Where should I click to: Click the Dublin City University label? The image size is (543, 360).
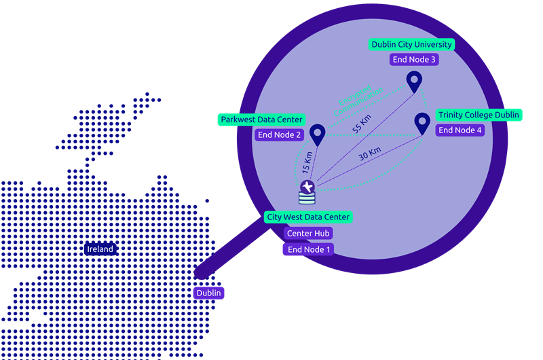[x=411, y=45]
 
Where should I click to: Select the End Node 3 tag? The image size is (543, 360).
[x=414, y=60]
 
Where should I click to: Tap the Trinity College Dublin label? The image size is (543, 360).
[x=479, y=115]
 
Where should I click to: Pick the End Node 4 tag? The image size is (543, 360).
[x=460, y=130]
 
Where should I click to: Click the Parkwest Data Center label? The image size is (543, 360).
[x=261, y=120]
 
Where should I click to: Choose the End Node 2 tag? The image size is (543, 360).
[x=279, y=135]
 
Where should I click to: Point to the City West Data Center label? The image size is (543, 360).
[x=308, y=217]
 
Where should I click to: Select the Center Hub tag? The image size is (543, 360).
[x=308, y=234]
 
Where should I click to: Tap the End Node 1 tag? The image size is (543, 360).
[x=308, y=249]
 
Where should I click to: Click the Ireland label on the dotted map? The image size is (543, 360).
[x=100, y=249]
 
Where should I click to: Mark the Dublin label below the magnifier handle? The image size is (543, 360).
[x=208, y=293]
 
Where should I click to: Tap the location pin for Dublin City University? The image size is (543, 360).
[x=414, y=82]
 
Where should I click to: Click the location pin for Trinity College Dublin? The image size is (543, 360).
[x=422, y=123]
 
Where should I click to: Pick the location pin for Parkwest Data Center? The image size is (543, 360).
[x=317, y=134]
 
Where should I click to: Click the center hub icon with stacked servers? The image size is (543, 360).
[x=307, y=192]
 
